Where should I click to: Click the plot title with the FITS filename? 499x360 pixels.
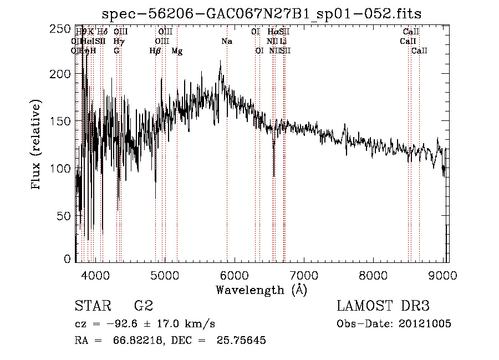[266, 14]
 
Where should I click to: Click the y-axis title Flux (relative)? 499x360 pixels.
[37, 145]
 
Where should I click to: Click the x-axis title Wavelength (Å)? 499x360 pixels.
[261, 290]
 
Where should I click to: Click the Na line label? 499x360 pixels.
[226, 42]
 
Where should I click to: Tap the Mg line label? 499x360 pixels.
[177, 51]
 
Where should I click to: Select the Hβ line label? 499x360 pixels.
[155, 51]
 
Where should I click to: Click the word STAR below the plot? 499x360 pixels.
[91, 306]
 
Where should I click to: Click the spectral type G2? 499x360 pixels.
[143, 306]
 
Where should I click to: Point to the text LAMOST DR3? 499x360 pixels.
[383, 306]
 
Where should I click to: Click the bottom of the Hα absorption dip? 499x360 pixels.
[274, 176]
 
